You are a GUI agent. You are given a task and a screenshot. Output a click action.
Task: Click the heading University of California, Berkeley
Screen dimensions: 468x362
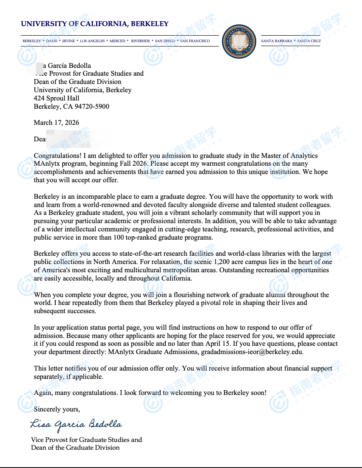pos(94,24)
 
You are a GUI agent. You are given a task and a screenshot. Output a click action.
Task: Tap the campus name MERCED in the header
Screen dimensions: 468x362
pos(117,41)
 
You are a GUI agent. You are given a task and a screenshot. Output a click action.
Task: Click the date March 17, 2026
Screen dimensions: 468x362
pos(57,123)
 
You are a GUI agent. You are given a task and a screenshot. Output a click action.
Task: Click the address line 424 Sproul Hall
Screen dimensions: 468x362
pos(57,98)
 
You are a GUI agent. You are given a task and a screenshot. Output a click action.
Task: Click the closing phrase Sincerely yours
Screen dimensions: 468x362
pos(57,409)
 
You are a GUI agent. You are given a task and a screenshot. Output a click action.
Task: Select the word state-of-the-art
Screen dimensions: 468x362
pos(128,254)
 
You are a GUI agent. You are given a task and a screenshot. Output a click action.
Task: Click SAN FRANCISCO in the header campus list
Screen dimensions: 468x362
pos(195,41)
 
